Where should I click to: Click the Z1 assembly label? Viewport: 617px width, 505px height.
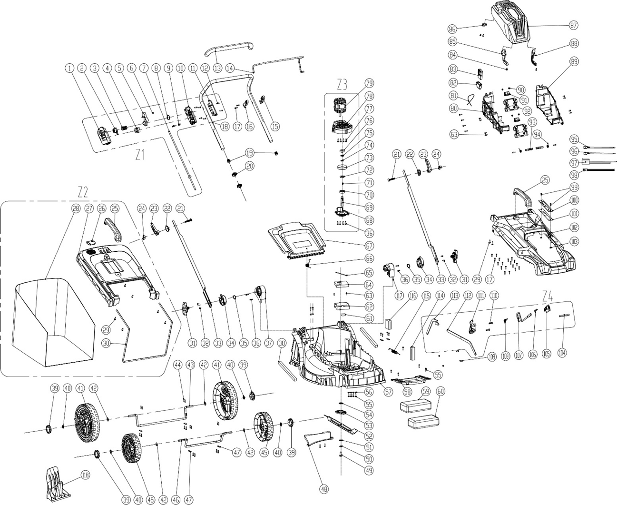(140, 155)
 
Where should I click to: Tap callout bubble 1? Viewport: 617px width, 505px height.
(70, 69)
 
